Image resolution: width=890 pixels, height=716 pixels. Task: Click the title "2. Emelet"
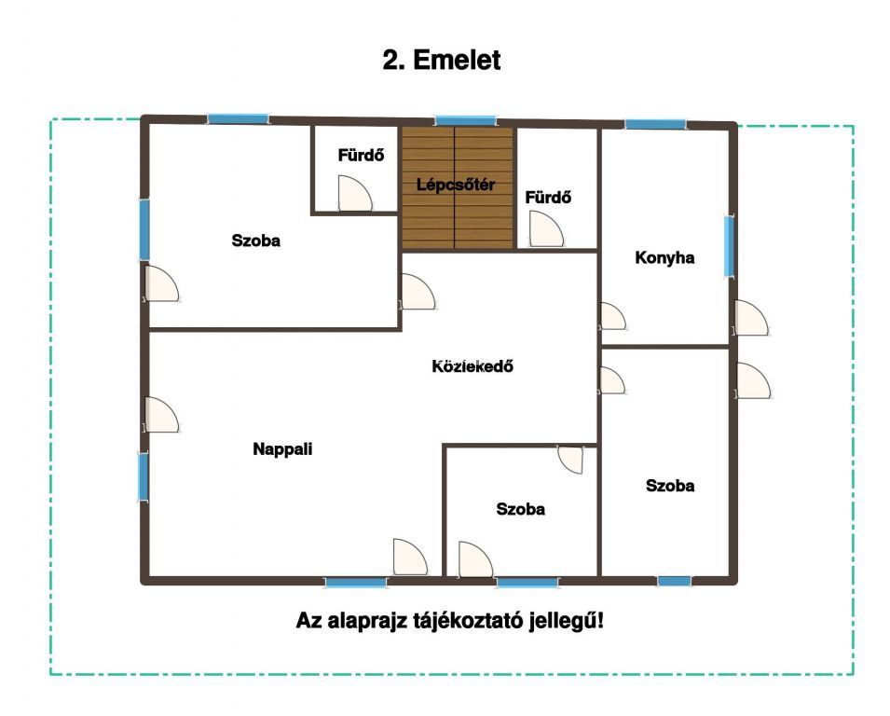tap(442, 60)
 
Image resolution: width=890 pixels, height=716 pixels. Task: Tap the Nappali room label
tap(282, 449)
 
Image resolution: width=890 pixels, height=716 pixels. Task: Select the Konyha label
tap(664, 258)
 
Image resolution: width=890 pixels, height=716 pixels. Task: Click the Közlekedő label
tap(472, 366)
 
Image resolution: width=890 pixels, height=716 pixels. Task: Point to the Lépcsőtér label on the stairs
tap(456, 185)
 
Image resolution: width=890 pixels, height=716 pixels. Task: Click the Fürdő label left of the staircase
tap(361, 155)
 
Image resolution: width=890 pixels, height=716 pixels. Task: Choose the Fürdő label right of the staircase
tap(548, 198)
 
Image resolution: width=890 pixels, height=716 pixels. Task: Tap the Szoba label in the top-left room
tap(256, 241)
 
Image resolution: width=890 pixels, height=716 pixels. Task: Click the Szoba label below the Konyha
tap(670, 486)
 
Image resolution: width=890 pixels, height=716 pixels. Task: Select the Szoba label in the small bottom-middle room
tap(521, 509)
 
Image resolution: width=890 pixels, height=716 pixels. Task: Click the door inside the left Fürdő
tap(355, 193)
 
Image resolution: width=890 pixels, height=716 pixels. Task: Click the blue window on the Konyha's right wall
tap(729, 246)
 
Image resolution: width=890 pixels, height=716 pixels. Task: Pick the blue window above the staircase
tap(465, 120)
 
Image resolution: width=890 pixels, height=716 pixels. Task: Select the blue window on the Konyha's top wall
tap(655, 124)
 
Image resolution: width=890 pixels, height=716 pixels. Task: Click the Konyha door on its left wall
tap(613, 316)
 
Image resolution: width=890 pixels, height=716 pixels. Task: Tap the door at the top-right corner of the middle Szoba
tap(570, 460)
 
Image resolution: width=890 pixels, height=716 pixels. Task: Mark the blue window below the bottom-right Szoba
tap(675, 581)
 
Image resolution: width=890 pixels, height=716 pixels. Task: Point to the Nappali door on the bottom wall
tap(410, 557)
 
